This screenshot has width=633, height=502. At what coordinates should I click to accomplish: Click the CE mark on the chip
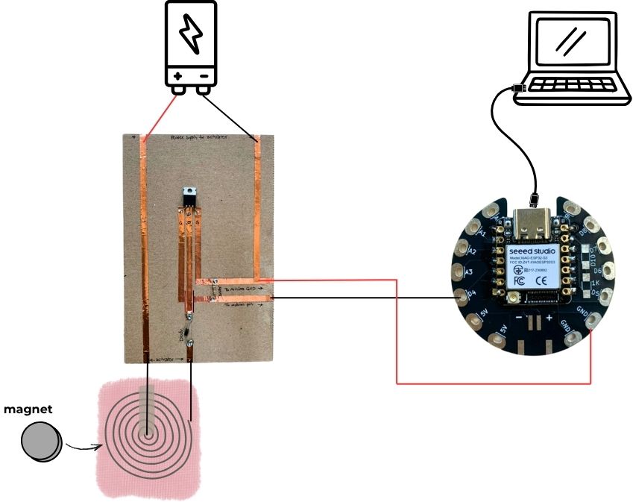click(544, 282)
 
